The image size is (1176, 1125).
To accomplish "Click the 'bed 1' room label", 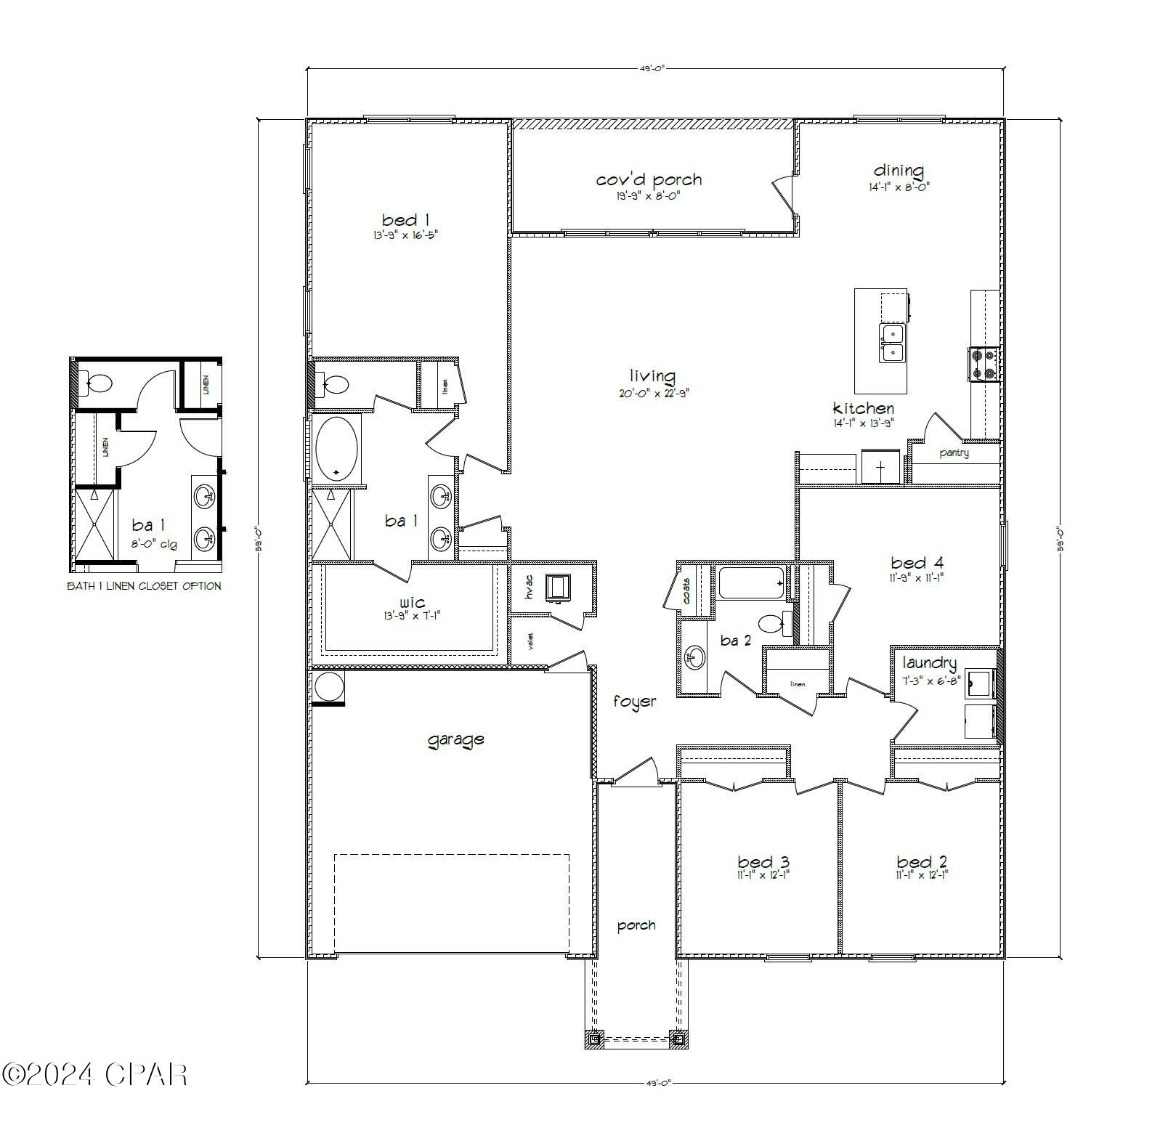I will (x=400, y=220).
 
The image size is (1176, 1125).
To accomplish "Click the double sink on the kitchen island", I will (x=892, y=344).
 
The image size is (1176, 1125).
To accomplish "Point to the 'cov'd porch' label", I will (x=649, y=179).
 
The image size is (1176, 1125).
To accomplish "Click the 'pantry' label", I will (x=954, y=453).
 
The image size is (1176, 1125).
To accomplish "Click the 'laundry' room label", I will (x=929, y=662).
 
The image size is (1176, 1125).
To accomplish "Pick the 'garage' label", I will (x=455, y=739).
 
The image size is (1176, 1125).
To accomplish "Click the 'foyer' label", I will (x=634, y=702).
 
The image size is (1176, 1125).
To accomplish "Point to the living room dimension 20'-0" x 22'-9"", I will (x=649, y=393).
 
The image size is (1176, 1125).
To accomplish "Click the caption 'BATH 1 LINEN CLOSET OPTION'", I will (x=144, y=586).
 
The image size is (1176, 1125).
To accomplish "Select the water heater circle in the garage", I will (x=328, y=686).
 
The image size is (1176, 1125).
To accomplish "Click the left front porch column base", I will (x=594, y=1039).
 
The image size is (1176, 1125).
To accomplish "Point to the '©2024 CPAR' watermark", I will (x=94, y=1074).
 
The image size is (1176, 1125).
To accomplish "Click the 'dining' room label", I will (x=898, y=170).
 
